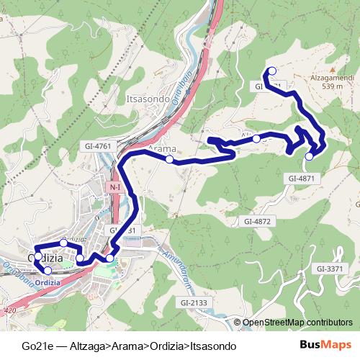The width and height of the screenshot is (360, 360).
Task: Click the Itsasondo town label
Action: click(x=147, y=99)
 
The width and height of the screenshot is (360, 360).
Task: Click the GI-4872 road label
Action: click(x=257, y=221)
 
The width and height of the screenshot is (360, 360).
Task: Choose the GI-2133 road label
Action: click(x=194, y=303)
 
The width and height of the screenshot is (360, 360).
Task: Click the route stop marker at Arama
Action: click(x=169, y=159)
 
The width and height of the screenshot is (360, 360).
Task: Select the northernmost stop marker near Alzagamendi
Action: click(x=272, y=71)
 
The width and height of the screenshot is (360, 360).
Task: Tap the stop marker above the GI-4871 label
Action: click(x=310, y=156)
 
